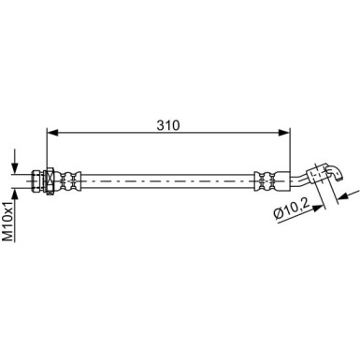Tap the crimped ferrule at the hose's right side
point(266,178)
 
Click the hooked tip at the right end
point(337,169)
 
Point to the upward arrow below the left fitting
point(16,191)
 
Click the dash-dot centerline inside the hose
point(168,178)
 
